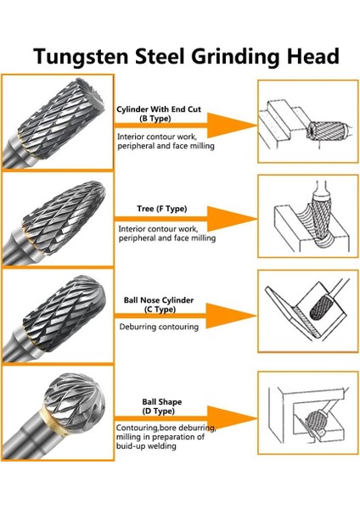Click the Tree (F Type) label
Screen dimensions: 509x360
[x=161, y=209]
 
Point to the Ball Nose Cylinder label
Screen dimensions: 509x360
[x=160, y=299]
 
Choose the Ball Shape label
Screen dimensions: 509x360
[x=160, y=402]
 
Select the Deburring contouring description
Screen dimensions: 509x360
[x=158, y=327]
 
